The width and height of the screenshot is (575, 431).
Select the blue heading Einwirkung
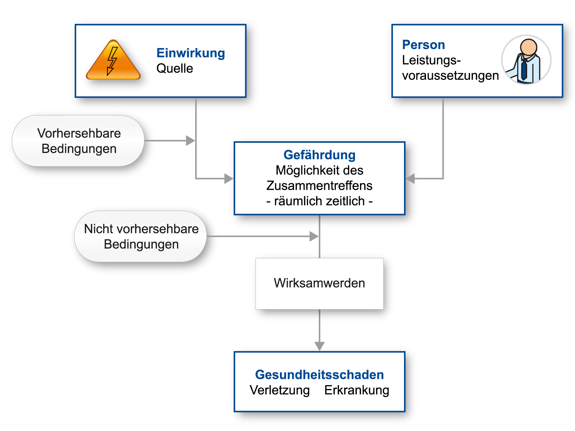tap(190, 53)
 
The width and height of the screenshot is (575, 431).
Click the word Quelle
tap(175, 68)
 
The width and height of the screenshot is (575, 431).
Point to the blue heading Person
tap(423, 45)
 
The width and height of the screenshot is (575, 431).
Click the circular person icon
tap(526, 60)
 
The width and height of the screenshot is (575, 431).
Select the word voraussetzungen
tap(450, 76)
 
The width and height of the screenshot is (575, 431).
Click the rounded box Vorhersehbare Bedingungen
tap(79, 141)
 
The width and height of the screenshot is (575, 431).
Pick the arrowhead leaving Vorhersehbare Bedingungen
tap(190, 141)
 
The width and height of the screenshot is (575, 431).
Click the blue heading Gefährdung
tap(319, 155)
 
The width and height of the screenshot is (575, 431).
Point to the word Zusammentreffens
tap(319, 186)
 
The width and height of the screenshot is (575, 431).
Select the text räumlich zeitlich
tap(319, 201)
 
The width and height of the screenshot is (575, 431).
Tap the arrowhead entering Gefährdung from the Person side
tap(411, 178)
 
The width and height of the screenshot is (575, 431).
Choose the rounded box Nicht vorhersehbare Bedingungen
tap(141, 237)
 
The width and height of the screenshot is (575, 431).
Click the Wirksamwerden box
tap(319, 283)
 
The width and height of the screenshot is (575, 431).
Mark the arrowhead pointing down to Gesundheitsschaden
tap(319, 346)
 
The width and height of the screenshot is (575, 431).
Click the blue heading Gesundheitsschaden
tap(319, 375)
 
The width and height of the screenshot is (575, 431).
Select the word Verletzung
tap(280, 390)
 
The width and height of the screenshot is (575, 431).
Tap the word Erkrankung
tap(357, 390)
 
